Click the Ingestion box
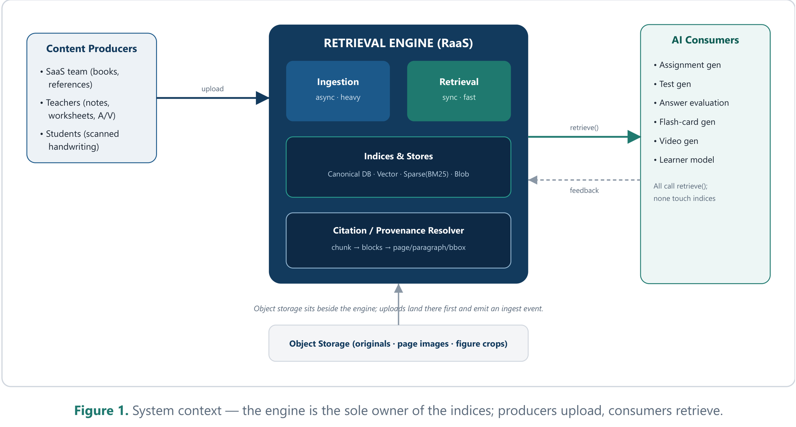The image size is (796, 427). coord(338,91)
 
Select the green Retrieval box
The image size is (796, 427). coord(459,91)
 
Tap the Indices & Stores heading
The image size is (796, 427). coord(398,156)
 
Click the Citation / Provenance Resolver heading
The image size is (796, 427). coord(398,230)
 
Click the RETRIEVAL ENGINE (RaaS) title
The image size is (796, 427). coord(398,43)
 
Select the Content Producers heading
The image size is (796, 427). coord(91,48)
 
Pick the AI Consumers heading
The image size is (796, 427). coord(705,40)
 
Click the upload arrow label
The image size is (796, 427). coord(212,89)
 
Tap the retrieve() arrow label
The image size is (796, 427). coord(584,127)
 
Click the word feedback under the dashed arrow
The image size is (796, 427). coord(584,190)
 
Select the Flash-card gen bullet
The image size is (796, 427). coord(684,122)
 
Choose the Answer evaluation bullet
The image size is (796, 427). coord(691,102)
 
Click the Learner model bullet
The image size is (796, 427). coord(683,160)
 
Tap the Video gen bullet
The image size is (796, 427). coord(676,141)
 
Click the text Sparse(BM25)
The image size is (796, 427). coord(426,174)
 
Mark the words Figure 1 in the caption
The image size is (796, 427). coord(101,410)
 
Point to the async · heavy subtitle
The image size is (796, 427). coord(338,97)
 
